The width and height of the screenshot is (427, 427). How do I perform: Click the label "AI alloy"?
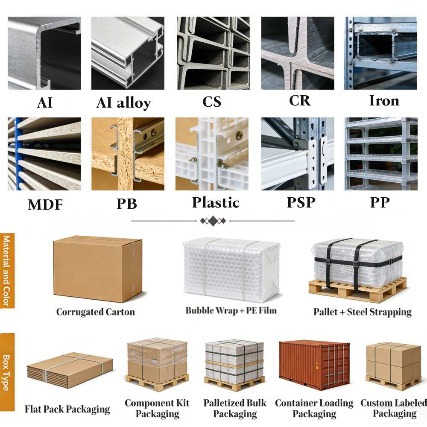pos(124,103)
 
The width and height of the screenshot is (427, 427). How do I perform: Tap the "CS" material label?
pos(212,102)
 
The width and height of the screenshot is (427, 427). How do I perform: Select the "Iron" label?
pos(384,100)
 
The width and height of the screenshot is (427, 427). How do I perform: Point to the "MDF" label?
pos(45,205)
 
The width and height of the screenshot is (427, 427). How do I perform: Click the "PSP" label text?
pos(301,202)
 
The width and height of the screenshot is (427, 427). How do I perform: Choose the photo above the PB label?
pos(128,154)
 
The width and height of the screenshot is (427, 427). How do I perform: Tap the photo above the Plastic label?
pos(212,154)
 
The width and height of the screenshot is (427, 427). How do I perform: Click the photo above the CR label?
pos(298,53)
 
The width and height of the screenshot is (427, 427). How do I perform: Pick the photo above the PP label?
pos(381,154)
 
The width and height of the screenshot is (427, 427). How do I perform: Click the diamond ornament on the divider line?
pos(213,221)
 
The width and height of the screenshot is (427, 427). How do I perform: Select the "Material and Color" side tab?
pos(7,271)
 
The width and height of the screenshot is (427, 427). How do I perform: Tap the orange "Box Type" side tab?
pos(7,372)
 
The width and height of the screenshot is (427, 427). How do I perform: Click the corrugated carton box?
pos(97,269)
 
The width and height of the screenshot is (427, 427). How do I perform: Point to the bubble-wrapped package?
pos(232,269)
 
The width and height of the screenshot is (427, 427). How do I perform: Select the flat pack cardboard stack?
pos(70,370)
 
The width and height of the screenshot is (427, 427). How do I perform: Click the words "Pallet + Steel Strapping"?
pos(363,312)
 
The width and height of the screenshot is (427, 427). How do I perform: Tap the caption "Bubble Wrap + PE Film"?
pos(231,311)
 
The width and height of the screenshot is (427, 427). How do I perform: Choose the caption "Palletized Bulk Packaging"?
pos(235,408)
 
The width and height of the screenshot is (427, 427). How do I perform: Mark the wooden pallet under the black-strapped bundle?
pos(357,290)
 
